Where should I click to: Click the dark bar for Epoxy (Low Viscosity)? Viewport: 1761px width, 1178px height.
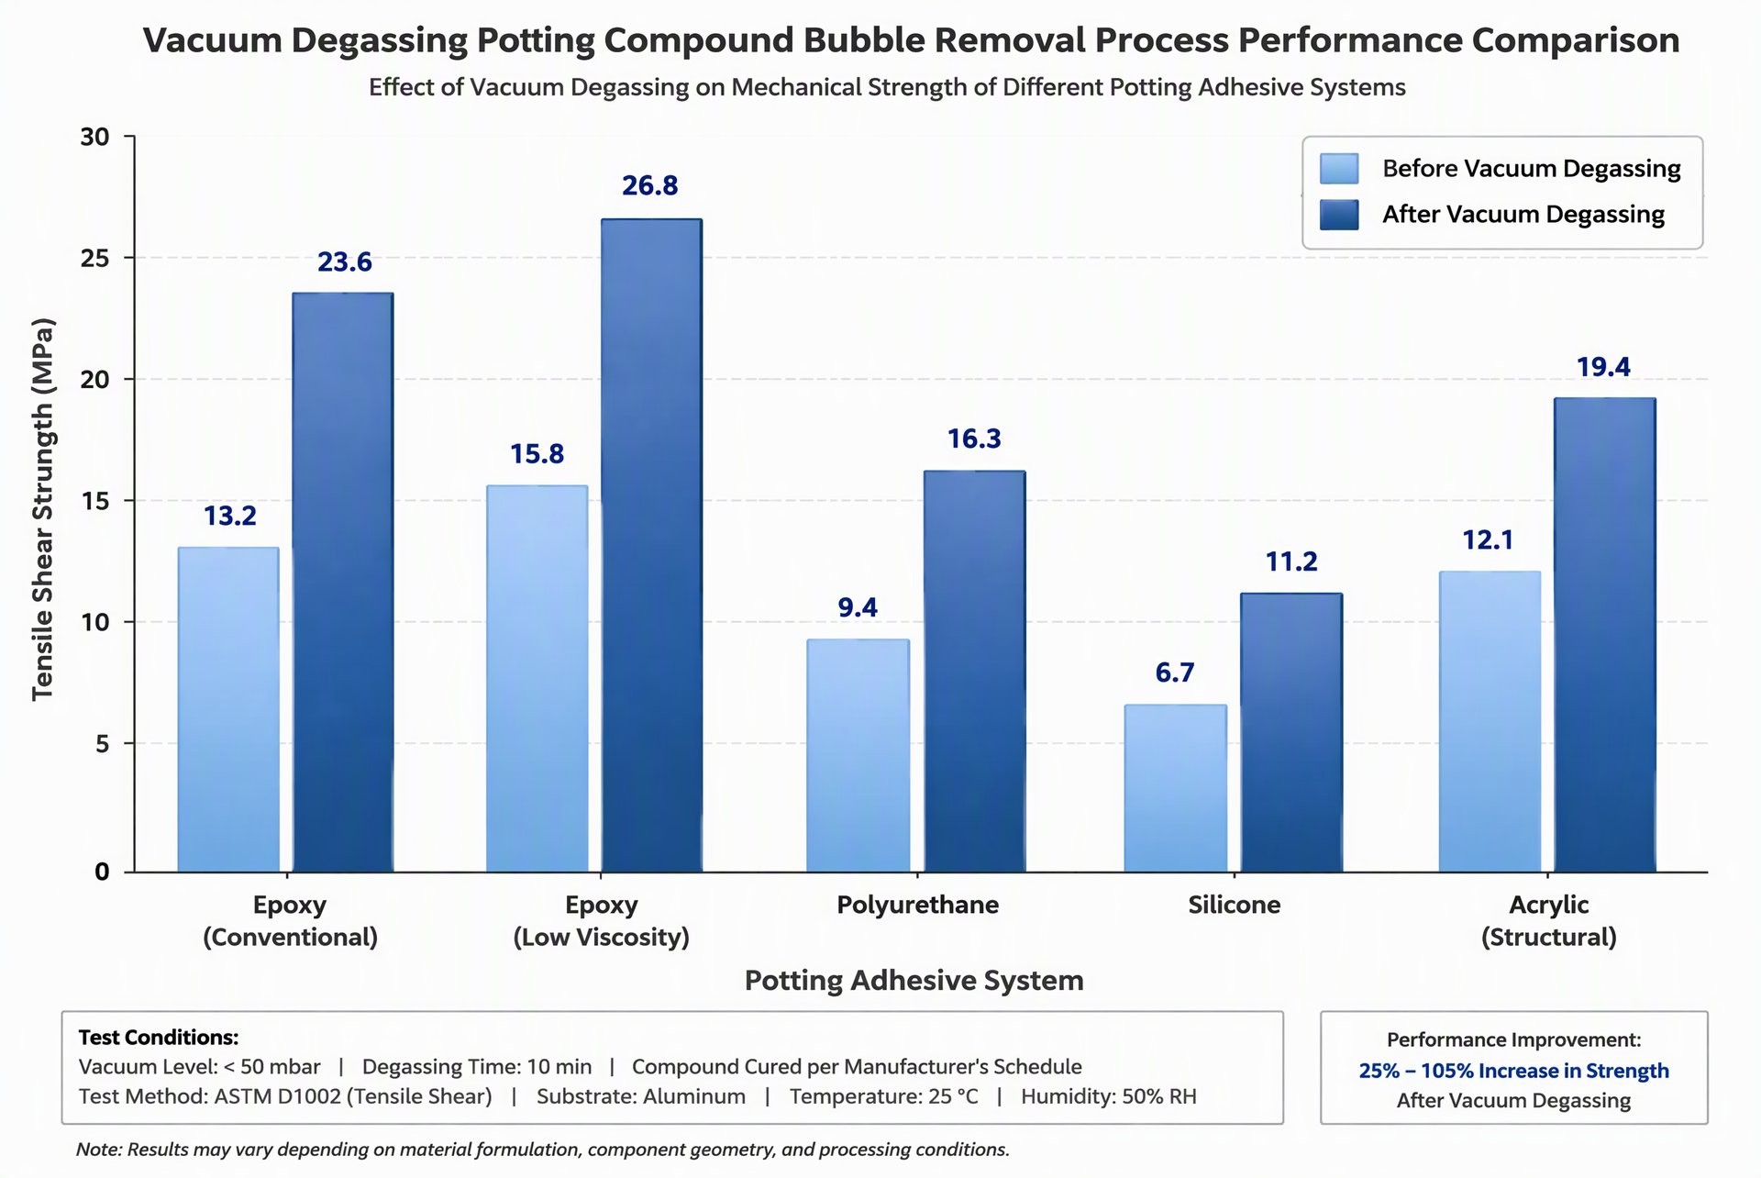point(652,545)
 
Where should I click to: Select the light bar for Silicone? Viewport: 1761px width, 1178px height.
point(1176,788)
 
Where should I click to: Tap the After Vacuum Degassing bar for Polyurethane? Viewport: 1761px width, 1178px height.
point(974,672)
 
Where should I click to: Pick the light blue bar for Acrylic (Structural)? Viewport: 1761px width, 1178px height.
point(1490,721)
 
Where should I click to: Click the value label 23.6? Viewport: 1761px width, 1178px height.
point(345,262)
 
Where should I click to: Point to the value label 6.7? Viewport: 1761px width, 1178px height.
point(1175,673)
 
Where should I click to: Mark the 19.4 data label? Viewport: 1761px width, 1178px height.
point(1603,368)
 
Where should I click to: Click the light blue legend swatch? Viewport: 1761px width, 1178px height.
point(1339,169)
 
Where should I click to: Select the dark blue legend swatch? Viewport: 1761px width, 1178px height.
point(1339,215)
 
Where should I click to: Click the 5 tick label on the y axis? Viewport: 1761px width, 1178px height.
point(102,744)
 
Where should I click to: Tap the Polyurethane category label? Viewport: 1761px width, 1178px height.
point(917,905)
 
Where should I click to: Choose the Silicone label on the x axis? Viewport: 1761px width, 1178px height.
point(1235,905)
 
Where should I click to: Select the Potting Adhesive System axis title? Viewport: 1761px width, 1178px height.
point(914,981)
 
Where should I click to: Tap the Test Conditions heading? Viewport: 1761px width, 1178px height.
point(159,1038)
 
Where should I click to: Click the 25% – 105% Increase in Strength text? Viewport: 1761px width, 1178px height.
point(1514,1071)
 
